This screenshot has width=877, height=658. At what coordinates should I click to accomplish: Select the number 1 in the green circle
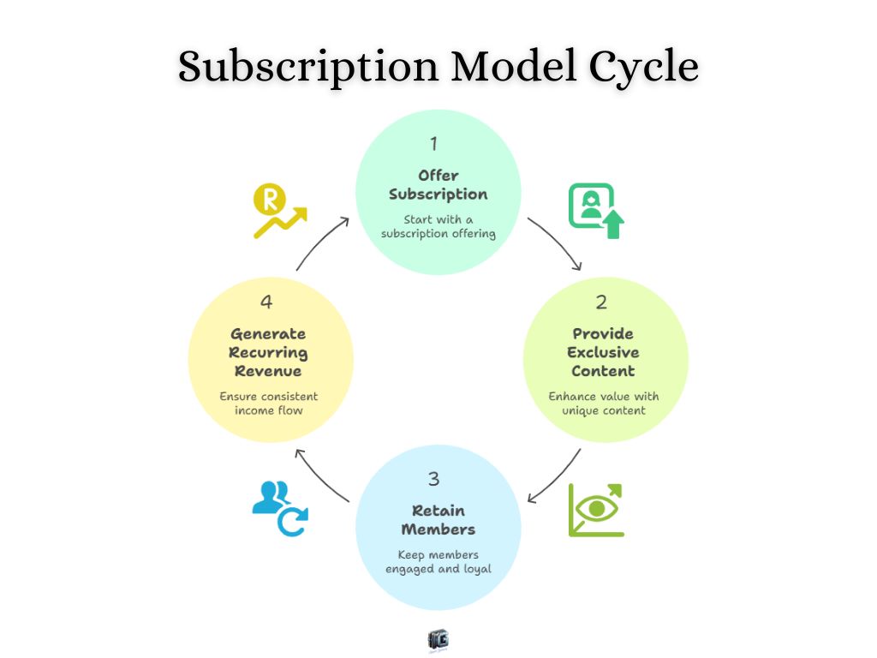(434, 143)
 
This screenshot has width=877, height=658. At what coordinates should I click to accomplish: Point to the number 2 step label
(601, 302)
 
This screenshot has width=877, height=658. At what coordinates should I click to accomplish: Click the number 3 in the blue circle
(434, 479)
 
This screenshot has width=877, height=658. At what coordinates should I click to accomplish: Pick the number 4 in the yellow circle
(266, 302)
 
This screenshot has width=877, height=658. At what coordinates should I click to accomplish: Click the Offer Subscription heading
(438, 185)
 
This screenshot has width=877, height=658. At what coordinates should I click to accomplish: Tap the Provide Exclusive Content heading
(604, 352)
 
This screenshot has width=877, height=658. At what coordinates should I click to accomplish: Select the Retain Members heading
(438, 519)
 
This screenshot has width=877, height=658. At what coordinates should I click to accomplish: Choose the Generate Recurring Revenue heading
(268, 352)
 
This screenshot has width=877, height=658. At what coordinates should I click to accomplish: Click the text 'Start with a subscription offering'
(438, 226)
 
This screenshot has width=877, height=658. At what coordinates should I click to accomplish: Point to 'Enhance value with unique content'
(604, 403)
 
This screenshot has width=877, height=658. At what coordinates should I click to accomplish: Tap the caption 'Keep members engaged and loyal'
(438, 561)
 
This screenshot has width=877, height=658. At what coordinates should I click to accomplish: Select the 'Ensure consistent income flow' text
(268, 403)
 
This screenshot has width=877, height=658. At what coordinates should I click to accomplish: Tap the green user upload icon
(596, 210)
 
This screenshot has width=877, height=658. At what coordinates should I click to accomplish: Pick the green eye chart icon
(596, 511)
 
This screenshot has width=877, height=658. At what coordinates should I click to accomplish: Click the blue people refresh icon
(280, 508)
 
